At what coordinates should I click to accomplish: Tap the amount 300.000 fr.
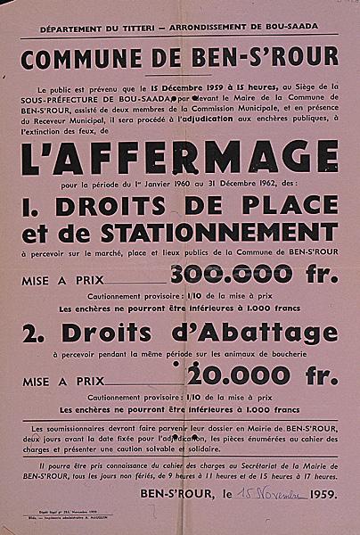(x=252, y=276)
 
